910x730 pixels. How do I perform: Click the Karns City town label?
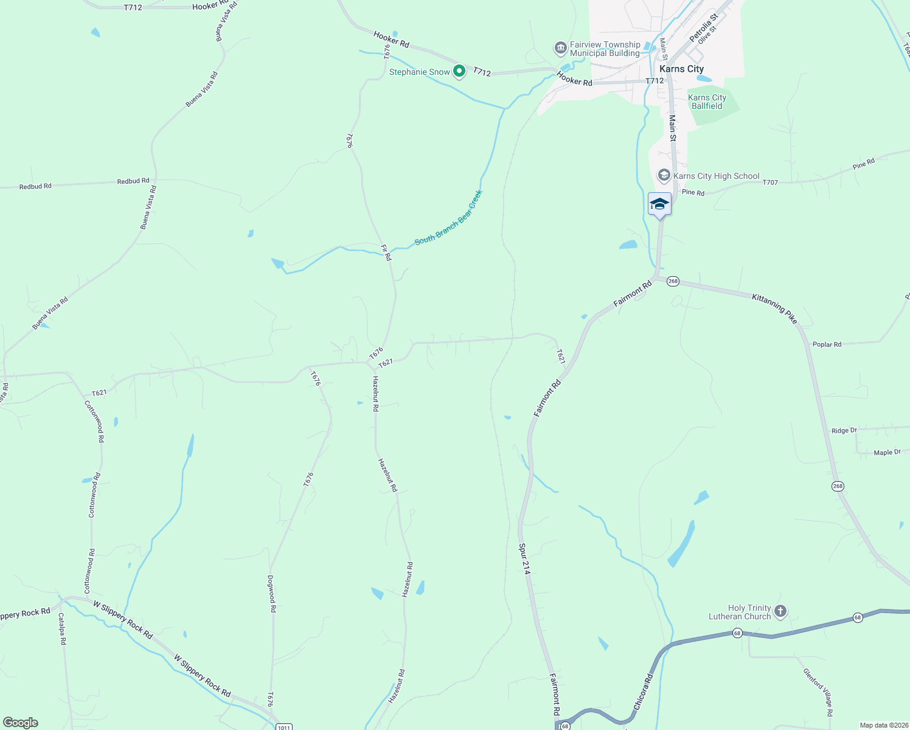pos(681,69)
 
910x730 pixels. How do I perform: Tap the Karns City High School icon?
pos(664,176)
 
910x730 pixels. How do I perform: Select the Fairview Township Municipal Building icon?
pos(560,48)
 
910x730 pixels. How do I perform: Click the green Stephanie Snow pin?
pos(459,72)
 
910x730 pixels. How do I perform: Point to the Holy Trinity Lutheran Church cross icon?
pos(780,611)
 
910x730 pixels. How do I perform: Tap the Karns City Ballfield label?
pos(707,102)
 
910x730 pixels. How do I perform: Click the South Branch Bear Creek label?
pos(448,218)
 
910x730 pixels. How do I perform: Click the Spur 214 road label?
pos(524,558)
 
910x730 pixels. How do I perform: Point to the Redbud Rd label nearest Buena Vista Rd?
pos(133,181)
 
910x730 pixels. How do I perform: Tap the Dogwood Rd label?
pos(272,593)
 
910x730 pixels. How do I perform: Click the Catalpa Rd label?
pos(62,628)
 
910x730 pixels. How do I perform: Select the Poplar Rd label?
pos(827,344)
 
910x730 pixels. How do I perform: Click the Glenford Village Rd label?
pos(818,692)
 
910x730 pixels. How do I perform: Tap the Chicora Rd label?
pos(643,692)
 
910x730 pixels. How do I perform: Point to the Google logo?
pos(21,723)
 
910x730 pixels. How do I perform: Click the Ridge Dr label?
pos(844,431)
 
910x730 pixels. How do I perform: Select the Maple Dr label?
pos(887,453)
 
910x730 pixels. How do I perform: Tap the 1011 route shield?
pos(283,726)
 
